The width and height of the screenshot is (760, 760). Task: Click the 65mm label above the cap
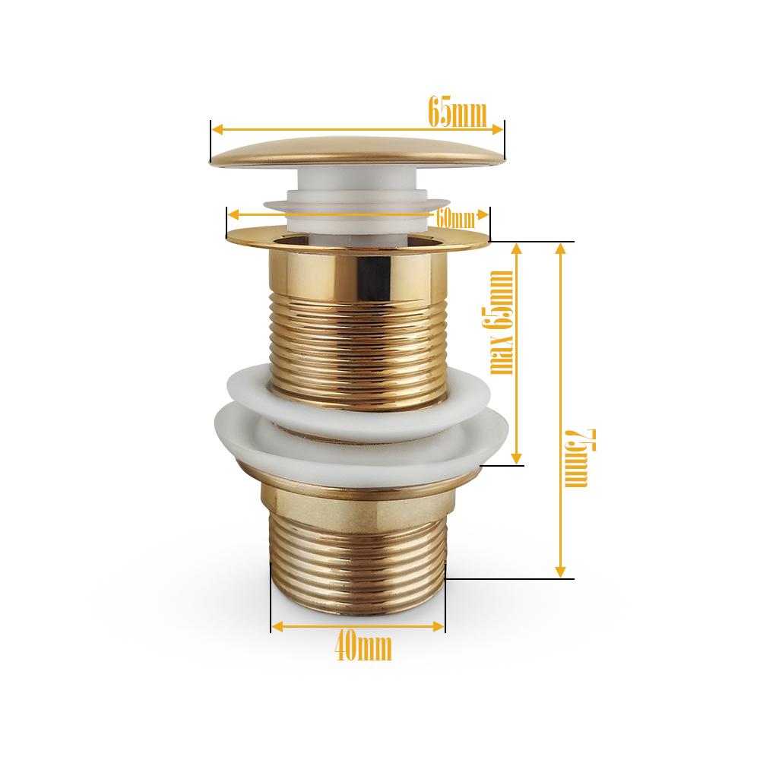tap(458, 112)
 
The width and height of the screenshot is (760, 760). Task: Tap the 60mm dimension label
tap(455, 219)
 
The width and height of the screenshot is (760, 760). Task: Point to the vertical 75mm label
tap(580, 458)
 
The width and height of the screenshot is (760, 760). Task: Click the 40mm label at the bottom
tap(363, 647)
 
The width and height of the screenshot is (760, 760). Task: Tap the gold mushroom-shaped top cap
tap(357, 153)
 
